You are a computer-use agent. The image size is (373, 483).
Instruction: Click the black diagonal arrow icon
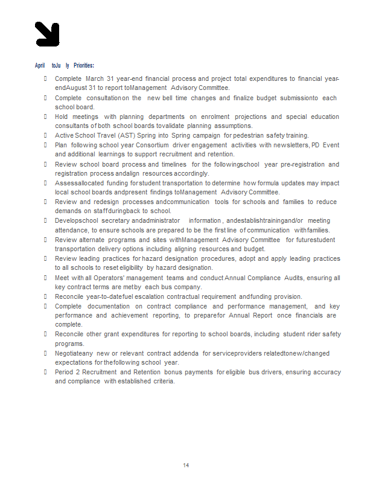tap(48, 34)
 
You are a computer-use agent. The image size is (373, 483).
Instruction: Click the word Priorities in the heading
tap(84, 65)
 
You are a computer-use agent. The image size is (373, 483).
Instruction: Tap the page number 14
tap(186, 465)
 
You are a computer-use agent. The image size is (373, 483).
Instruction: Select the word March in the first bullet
tap(95, 79)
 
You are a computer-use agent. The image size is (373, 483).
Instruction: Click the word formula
tap(269, 183)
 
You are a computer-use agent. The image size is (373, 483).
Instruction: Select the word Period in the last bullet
tap(65, 372)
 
